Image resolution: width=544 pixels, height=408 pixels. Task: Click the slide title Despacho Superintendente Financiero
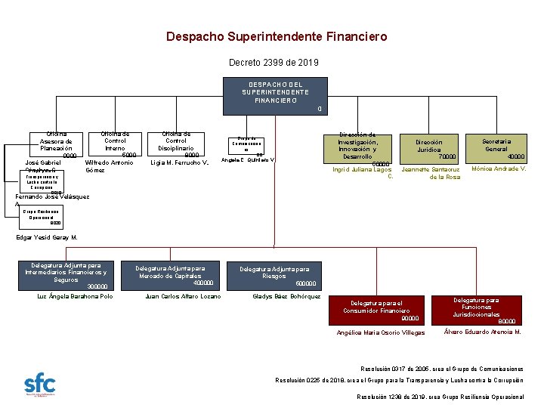click(276, 36)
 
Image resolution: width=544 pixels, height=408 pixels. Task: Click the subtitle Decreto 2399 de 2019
click(274, 62)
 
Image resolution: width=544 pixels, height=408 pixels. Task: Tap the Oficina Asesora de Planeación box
click(57, 144)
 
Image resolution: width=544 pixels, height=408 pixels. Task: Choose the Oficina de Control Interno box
click(115, 144)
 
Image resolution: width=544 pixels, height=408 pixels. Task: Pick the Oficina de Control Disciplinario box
click(176, 144)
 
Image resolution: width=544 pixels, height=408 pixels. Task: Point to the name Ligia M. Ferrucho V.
click(180, 162)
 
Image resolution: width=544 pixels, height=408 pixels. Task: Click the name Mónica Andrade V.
click(496, 168)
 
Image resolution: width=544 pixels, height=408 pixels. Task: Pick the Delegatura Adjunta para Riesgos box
click(274, 276)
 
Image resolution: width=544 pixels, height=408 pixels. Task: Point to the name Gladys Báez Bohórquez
click(287, 296)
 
